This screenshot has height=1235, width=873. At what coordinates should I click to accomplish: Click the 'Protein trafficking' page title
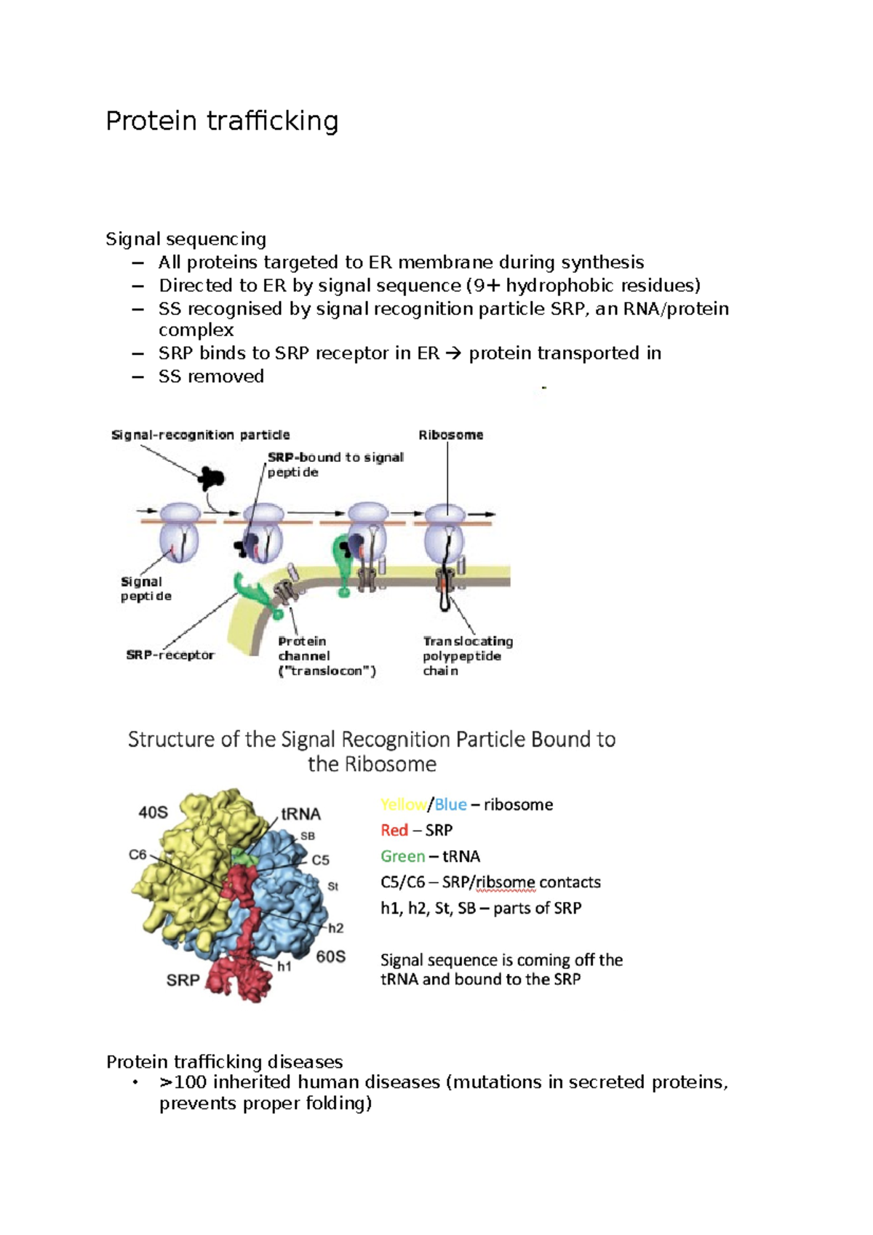[x=222, y=121]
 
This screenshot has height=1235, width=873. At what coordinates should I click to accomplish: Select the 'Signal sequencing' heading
[x=186, y=239]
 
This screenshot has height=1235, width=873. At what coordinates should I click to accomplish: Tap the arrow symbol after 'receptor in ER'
[x=453, y=353]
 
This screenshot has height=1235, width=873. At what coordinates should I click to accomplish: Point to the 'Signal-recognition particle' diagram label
[x=200, y=435]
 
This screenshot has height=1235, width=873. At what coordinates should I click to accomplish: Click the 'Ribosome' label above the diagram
[x=450, y=435]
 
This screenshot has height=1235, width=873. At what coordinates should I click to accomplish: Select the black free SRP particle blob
[x=212, y=478]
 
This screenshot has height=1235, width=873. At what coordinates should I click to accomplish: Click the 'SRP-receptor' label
[x=170, y=655]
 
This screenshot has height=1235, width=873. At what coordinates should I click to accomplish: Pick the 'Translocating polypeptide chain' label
[x=468, y=655]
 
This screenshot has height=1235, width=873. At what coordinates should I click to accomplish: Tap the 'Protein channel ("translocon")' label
[x=327, y=655]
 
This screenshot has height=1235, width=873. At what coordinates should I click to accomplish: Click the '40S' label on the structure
[x=153, y=812]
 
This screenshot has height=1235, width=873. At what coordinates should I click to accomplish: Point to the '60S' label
[x=331, y=956]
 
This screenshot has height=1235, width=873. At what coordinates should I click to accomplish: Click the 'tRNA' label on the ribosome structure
[x=300, y=814]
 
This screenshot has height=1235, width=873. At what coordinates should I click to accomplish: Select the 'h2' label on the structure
[x=335, y=928]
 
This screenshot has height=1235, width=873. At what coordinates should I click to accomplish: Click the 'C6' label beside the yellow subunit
[x=137, y=855]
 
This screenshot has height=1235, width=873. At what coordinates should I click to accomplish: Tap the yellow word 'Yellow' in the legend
[x=403, y=804]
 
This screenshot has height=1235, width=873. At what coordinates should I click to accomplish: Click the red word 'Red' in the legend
[x=394, y=830]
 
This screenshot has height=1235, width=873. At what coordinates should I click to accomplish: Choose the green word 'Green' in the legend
[x=402, y=856]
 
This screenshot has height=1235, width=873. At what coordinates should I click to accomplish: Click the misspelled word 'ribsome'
[x=506, y=882]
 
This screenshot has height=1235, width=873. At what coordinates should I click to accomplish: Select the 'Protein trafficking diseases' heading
[x=224, y=1061]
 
